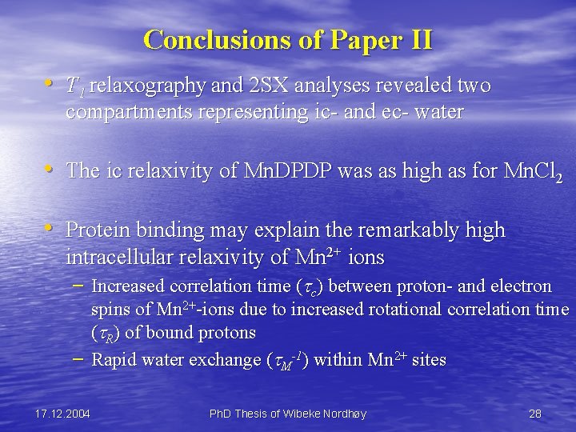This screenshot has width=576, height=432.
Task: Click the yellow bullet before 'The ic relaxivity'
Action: click(50, 170)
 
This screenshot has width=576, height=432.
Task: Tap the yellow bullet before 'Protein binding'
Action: click(50, 229)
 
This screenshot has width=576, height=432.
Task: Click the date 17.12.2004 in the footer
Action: click(63, 414)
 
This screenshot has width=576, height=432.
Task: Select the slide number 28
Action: click(535, 414)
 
